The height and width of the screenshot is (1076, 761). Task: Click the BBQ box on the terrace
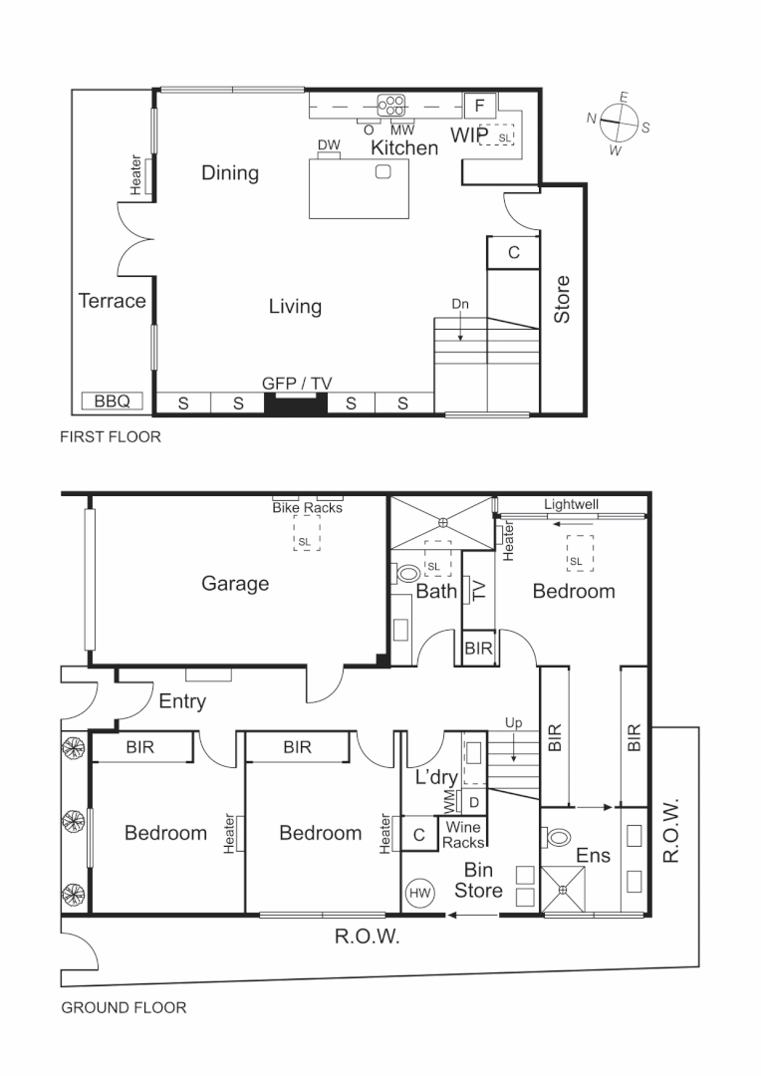click(111, 403)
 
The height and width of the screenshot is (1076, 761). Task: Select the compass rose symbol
click(620, 125)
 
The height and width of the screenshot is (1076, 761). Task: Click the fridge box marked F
click(479, 105)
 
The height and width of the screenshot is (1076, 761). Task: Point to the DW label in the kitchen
click(329, 145)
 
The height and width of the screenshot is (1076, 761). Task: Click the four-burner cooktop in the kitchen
click(391, 103)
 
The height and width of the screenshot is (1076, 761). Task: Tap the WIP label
click(468, 134)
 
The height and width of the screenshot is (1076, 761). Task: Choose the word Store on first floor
click(562, 299)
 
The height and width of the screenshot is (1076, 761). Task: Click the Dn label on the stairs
click(459, 305)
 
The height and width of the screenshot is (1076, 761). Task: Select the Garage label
click(235, 584)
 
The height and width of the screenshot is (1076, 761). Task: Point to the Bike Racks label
click(307, 507)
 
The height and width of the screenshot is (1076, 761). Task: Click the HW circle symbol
click(419, 894)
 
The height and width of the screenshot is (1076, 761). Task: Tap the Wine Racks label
click(463, 835)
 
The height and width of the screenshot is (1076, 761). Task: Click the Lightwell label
click(572, 505)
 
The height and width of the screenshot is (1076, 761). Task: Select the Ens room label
click(592, 855)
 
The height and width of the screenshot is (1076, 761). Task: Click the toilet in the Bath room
click(407, 575)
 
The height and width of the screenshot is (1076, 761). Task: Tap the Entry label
click(182, 701)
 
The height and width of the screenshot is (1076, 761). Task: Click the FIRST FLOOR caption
click(110, 437)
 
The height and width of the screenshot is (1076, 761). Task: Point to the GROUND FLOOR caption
click(124, 1007)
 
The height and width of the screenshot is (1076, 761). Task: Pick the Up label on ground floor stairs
click(513, 723)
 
